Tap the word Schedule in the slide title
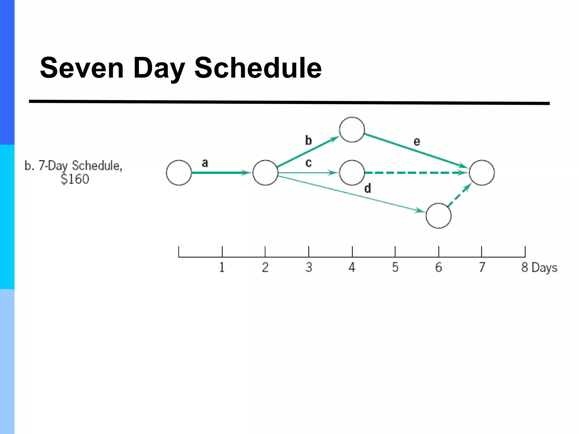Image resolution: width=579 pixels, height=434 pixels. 258,68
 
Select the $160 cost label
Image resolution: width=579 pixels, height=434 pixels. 75,179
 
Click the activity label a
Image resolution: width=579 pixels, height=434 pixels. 205,163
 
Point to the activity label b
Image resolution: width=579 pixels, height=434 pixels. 308,140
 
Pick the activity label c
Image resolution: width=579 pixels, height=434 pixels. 308,163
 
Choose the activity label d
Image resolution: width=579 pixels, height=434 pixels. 367,188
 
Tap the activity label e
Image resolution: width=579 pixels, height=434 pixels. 417,141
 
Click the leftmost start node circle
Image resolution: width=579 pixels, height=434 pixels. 179,173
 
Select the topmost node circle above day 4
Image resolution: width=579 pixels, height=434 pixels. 352,130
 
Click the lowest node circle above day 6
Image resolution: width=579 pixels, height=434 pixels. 438,216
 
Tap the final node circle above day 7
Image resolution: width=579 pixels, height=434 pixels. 482,173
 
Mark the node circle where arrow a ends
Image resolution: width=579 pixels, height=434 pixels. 265,173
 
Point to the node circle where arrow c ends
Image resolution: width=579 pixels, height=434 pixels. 352,173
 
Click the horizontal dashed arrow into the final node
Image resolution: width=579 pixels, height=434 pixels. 416,172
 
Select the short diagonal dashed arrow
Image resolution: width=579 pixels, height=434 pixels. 459,195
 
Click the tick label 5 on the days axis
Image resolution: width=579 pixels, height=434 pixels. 395,267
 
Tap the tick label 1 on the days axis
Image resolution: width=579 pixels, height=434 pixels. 222,267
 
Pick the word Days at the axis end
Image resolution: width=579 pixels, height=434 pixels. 545,268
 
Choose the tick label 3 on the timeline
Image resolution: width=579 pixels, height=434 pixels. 309,267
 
